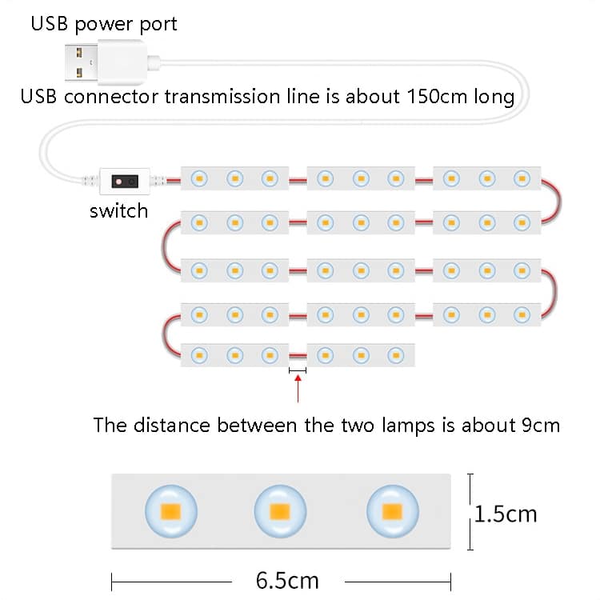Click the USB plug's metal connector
(81, 62)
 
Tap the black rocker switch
(125, 182)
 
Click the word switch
(118, 211)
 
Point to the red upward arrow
(298, 389)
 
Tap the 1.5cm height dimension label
(506, 514)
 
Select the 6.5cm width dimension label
(287, 581)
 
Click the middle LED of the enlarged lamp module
(280, 511)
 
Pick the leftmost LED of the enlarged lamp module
(171, 511)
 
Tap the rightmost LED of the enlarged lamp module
(393, 511)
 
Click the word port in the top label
(158, 25)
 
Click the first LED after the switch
(199, 178)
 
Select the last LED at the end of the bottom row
(396, 355)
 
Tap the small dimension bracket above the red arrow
(298, 370)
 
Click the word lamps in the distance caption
(408, 426)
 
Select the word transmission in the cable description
(222, 97)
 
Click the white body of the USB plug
(122, 62)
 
